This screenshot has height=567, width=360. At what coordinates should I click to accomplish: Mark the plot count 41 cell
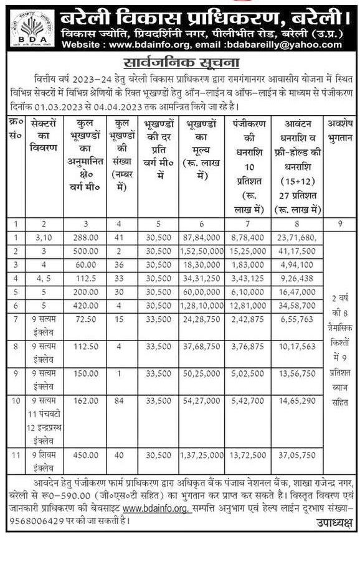coord(123,237)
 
